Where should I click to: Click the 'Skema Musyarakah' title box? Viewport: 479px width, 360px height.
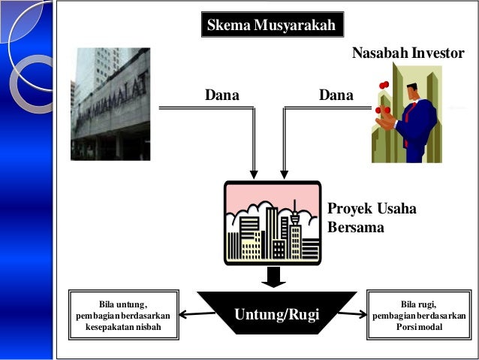pyautogui.click(x=274, y=26)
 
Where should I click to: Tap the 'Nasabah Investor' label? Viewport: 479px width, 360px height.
pyautogui.click(x=408, y=53)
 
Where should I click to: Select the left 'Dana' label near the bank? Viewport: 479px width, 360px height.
pyautogui.click(x=221, y=96)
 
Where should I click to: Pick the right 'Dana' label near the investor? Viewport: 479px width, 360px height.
pyautogui.click(x=336, y=96)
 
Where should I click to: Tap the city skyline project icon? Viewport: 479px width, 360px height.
pyautogui.click(x=273, y=222)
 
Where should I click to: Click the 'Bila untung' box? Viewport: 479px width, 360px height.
pyautogui.click(x=123, y=315)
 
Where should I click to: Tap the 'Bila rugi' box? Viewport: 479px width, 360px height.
pyautogui.click(x=418, y=315)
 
